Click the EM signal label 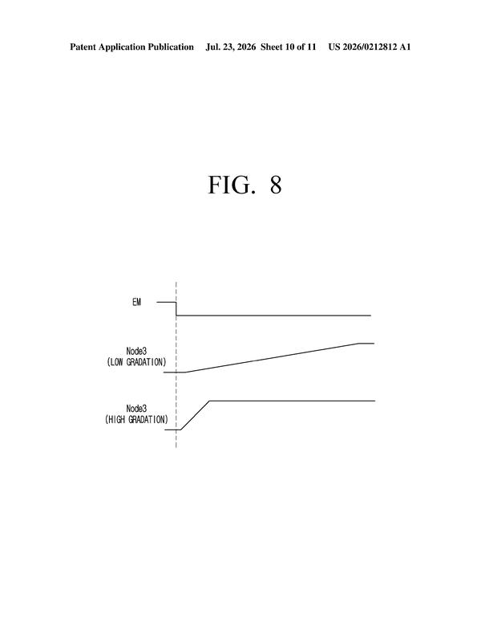(136, 303)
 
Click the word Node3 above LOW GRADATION (136, 351)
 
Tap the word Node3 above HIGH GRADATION (136, 409)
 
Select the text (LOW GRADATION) (136, 362)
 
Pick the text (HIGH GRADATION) (136, 420)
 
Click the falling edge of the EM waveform (176, 309)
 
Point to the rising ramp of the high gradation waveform (196, 415)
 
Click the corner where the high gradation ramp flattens (210, 401)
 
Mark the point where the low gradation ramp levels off (360, 344)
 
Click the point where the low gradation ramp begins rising (186, 373)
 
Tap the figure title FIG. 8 (245, 185)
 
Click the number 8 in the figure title (276, 185)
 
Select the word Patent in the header (83, 47)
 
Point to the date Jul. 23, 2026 (231, 47)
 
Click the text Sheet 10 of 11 (288, 47)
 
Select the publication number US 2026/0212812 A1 (369, 47)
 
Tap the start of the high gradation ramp (180, 430)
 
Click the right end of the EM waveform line (370, 316)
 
